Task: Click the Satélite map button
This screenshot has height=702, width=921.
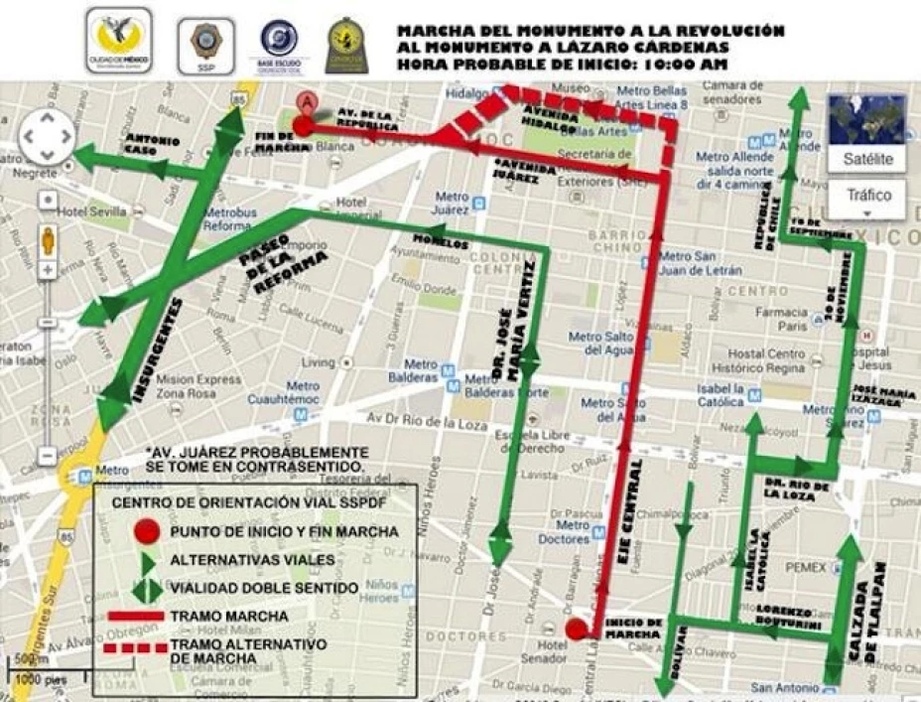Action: tap(867, 159)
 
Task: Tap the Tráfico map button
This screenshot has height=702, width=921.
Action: tap(867, 196)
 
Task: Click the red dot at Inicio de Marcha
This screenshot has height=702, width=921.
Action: tap(576, 629)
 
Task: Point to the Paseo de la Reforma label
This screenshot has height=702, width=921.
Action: tap(282, 263)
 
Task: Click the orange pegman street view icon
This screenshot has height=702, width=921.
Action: tap(47, 239)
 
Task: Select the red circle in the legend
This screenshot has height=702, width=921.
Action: tap(147, 531)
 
